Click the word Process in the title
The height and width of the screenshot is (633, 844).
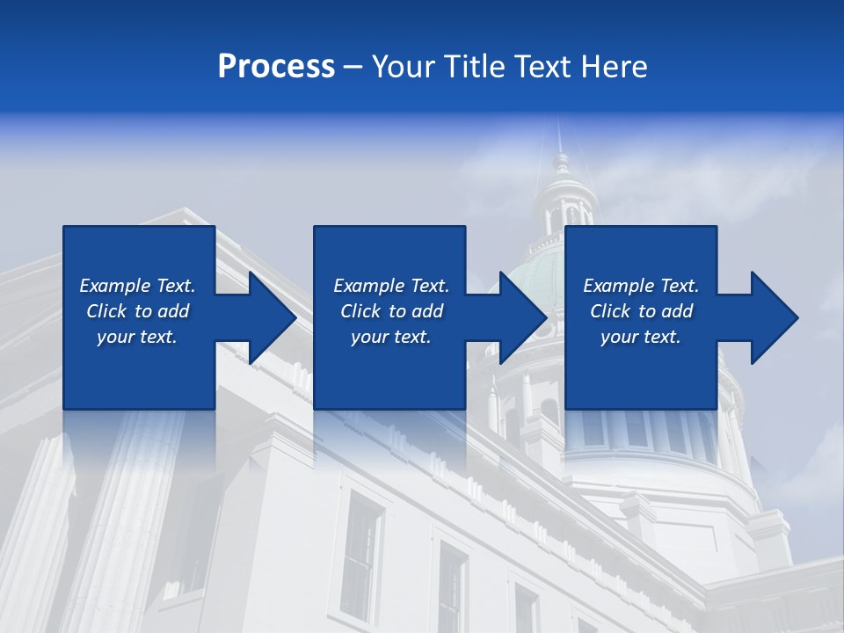tap(276, 67)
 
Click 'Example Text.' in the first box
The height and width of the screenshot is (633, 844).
tap(137, 286)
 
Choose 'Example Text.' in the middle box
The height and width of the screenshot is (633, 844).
tap(391, 286)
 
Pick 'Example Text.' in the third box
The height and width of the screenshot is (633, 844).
tap(641, 286)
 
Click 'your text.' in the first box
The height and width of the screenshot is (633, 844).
tap(137, 337)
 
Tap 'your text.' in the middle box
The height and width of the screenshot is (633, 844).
tap(391, 337)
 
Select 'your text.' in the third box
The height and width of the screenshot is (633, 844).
tap(641, 337)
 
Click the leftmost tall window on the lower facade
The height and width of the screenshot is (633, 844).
tap(360, 545)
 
